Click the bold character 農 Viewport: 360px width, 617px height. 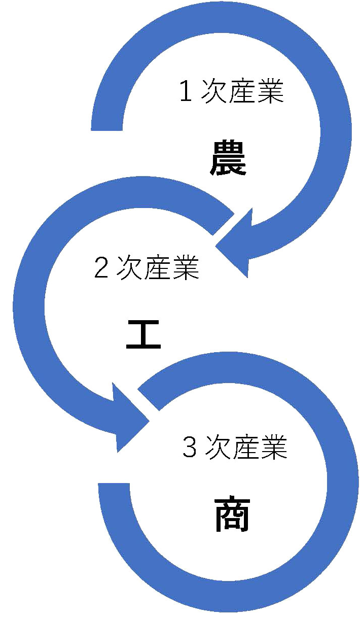(x=228, y=158)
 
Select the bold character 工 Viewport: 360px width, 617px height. (x=143, y=334)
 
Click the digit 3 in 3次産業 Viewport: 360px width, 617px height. (x=189, y=449)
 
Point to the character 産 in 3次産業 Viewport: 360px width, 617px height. (x=246, y=449)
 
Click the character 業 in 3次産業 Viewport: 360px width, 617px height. (x=274, y=449)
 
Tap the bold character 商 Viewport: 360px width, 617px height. (x=232, y=515)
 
